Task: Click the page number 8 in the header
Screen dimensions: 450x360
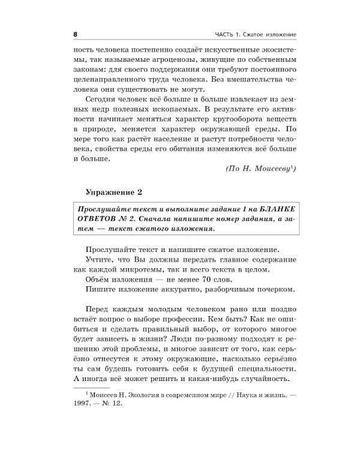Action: click(x=75, y=32)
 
